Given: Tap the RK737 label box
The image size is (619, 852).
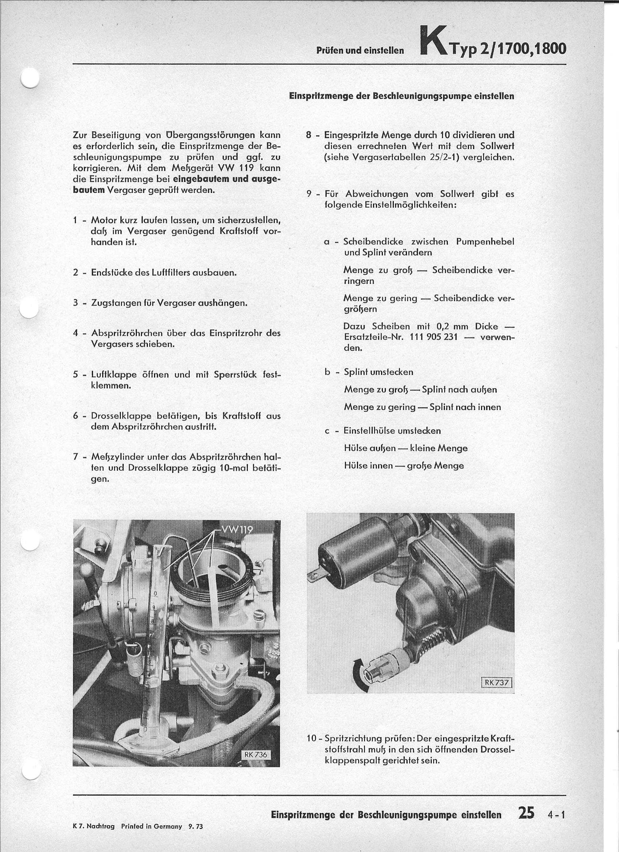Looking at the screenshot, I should point(497,682).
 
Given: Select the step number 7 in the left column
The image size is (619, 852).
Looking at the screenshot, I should point(76,457).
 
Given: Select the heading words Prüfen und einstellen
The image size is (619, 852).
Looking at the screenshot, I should point(360,50).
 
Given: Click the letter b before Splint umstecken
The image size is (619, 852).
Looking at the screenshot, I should point(327,372).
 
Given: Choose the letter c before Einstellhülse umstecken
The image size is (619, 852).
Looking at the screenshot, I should point(327,431).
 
